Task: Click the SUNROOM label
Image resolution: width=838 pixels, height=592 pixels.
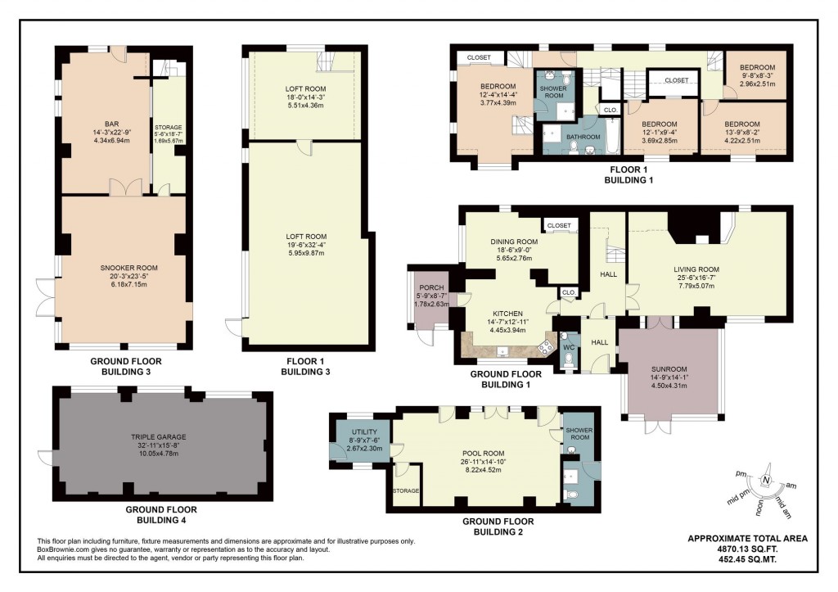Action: (x=669, y=369)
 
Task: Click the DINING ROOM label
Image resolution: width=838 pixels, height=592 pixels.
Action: (x=514, y=242)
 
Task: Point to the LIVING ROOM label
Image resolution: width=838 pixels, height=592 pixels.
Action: (x=696, y=269)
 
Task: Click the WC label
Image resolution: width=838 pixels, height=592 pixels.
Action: (x=567, y=347)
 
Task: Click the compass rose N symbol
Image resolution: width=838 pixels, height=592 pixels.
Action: (x=767, y=481)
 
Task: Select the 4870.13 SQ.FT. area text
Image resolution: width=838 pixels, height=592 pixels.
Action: (x=747, y=549)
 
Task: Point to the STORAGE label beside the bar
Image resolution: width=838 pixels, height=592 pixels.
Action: (x=168, y=128)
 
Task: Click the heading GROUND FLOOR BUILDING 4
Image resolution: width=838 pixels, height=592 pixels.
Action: (x=161, y=514)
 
